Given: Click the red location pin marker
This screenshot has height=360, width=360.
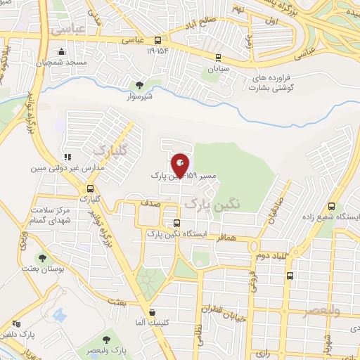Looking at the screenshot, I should pos(180,165).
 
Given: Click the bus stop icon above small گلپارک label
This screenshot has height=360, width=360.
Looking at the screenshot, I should pos(90,188).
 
